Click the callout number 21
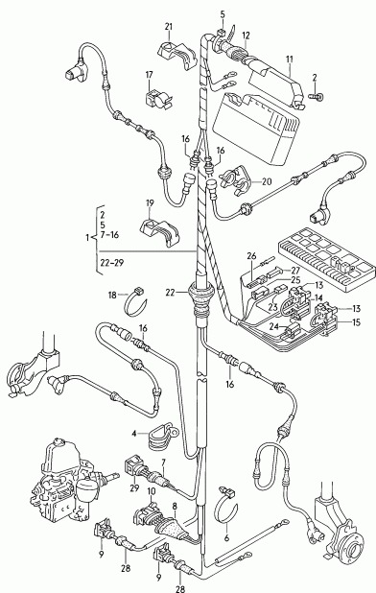tap(169, 27)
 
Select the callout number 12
tap(246, 36)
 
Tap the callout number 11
tap(290, 59)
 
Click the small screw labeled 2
tap(317, 97)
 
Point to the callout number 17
tap(149, 75)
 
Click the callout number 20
tap(267, 182)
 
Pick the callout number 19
tap(150, 203)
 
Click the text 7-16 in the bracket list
tap(109, 235)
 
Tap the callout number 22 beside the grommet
tap(170, 293)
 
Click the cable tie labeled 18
tap(135, 302)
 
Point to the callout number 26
tap(252, 256)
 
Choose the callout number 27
tap(294, 271)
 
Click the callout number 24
tap(274, 325)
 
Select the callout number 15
tap(356, 322)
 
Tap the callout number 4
tap(133, 434)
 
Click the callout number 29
tap(134, 488)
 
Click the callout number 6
tap(226, 537)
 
